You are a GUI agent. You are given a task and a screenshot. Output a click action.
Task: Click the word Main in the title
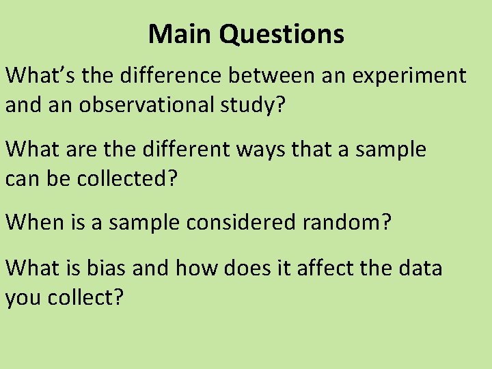coord(180,33)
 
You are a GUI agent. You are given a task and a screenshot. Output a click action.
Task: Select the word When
coord(34,223)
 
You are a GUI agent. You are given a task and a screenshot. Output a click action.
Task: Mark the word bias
coord(108,268)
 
